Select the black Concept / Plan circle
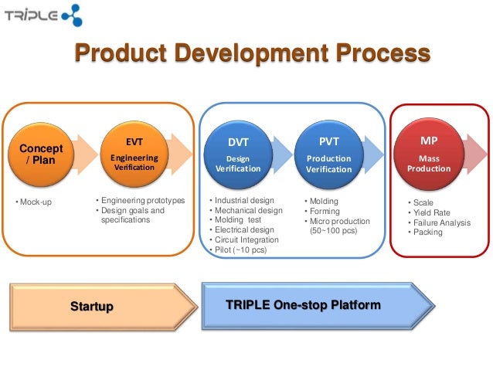41,154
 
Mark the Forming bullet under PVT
325,211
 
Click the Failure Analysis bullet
440,222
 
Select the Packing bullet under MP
427,232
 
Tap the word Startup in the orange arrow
92,307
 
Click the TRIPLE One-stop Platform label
303,305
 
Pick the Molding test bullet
238,220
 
